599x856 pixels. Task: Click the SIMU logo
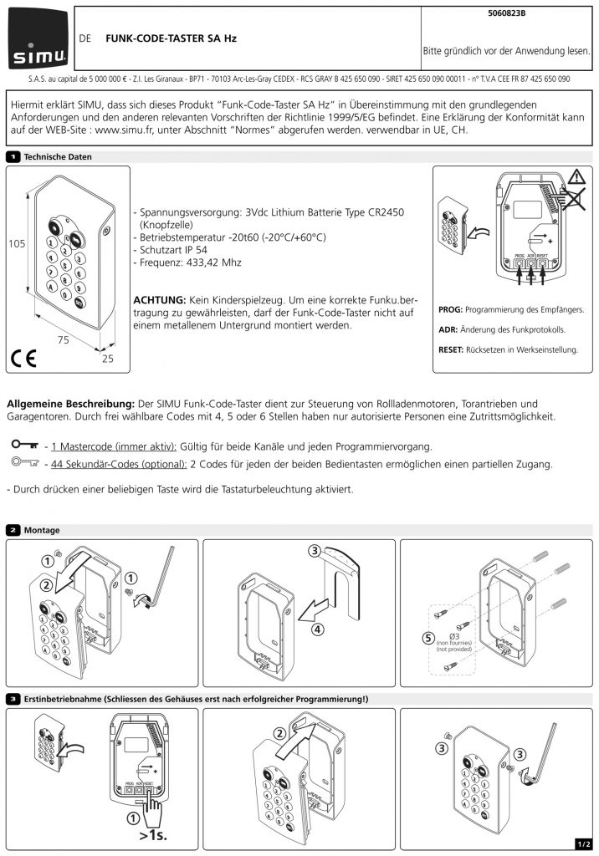point(38,38)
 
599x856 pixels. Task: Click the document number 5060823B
point(507,13)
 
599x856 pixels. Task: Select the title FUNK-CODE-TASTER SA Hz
point(171,38)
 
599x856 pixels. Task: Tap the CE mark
point(23,358)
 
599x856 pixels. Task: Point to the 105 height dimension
point(17,243)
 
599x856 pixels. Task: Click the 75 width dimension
point(64,339)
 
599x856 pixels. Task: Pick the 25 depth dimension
point(108,358)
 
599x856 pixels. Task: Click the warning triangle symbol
point(576,177)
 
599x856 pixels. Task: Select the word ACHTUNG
point(160,300)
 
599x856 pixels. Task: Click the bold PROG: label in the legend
point(450,309)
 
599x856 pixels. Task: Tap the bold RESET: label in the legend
point(451,349)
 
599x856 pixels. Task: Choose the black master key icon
point(25,445)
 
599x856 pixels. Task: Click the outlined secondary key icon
point(25,462)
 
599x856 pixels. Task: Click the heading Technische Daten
point(58,156)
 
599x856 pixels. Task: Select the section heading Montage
point(42,530)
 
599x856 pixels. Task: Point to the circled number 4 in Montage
point(317,629)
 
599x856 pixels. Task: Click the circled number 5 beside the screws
point(428,638)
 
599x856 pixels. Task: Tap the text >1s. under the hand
point(153,835)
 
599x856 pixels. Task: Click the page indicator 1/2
point(584,844)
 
